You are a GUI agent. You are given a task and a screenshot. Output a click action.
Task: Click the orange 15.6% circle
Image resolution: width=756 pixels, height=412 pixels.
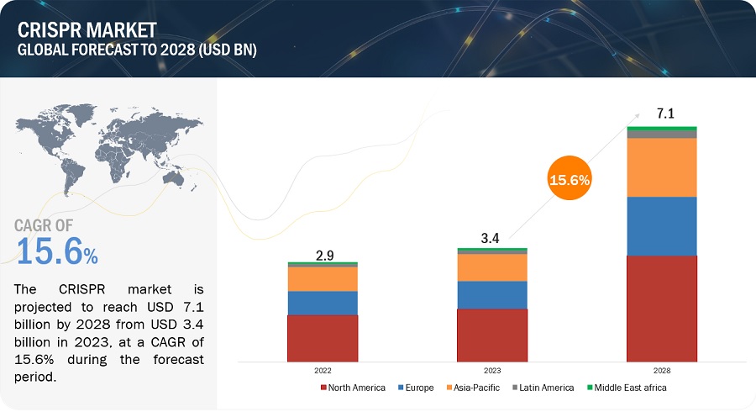pos(570,179)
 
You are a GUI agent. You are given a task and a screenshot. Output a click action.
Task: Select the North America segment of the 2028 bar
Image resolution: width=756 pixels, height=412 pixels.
pos(661,308)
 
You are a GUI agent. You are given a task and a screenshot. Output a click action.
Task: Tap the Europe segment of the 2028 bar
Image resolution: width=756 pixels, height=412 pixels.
pos(661,226)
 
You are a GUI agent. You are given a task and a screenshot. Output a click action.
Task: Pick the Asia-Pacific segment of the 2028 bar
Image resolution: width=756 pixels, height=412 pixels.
pos(661,167)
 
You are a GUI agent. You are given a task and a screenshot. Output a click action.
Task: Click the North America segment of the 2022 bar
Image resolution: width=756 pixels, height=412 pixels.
pos(323,337)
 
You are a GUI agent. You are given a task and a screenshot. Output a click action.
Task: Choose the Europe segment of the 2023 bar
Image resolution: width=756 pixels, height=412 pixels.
pos(491,294)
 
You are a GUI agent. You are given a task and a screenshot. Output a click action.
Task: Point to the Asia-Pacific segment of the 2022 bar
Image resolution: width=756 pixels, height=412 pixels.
pos(323,278)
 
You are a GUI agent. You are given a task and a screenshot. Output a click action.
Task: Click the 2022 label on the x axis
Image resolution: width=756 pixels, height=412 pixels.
pos(323,370)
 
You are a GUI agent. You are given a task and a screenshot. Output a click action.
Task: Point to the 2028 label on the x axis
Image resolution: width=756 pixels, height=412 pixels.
pos(661,370)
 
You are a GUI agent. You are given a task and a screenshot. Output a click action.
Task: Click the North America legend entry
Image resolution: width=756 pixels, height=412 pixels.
pos(353,388)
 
